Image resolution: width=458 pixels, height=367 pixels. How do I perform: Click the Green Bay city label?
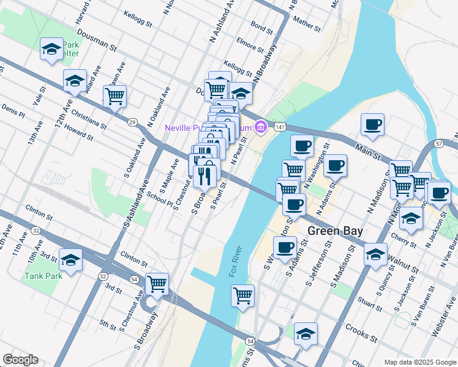click(335, 231)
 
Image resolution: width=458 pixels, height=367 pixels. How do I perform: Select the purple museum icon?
click(261, 127)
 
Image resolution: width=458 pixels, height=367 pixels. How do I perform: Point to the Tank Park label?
click(43, 275)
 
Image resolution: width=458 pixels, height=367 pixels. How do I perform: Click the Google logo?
click(20, 360)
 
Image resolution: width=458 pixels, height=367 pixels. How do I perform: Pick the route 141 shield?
click(279, 126)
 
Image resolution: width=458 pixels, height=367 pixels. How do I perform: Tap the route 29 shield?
click(132, 122)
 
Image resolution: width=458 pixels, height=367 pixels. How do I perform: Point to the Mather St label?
click(307, 23)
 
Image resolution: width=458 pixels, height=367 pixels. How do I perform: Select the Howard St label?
click(78, 130)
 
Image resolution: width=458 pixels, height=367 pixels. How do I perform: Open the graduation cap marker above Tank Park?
click(71, 260)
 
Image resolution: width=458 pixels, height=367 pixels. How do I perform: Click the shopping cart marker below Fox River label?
click(243, 295)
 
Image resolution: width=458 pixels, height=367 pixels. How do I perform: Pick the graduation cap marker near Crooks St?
click(306, 334)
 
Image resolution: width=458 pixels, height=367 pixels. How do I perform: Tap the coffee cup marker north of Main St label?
click(372, 125)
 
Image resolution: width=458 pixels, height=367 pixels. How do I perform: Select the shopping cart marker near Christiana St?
click(114, 95)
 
